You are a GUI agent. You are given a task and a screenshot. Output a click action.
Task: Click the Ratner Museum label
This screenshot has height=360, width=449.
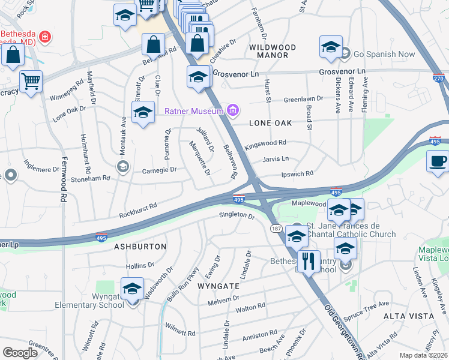click(x=193, y=111)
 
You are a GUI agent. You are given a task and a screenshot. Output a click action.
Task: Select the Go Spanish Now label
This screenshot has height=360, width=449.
click(x=384, y=54)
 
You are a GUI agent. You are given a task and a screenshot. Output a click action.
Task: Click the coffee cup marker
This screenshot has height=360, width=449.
click(x=438, y=161)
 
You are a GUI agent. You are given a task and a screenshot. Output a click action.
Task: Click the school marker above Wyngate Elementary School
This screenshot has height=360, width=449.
click(x=132, y=289)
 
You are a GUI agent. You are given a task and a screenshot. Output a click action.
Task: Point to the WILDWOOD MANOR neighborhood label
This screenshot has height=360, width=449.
click(x=273, y=51)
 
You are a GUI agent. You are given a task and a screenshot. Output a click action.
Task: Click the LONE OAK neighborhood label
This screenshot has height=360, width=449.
click(x=270, y=123)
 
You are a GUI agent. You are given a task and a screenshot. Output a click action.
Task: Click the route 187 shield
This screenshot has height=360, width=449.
click(x=276, y=229)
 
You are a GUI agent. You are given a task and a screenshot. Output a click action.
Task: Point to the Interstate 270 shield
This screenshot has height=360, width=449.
click(x=438, y=77)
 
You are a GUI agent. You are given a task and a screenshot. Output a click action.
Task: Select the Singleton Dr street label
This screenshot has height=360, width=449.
click(x=237, y=214)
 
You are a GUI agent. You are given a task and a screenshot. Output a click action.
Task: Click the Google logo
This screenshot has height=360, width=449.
click(x=20, y=353)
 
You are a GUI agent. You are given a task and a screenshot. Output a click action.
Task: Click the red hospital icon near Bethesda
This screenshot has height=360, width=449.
click(x=44, y=38)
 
